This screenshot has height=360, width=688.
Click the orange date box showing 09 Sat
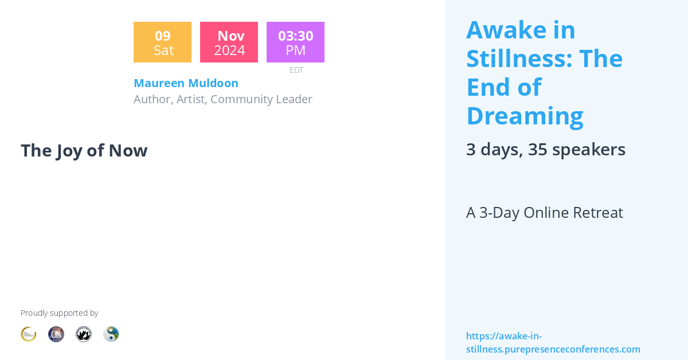click(162, 42)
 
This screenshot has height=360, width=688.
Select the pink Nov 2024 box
click(229, 42)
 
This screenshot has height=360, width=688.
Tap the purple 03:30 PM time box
click(295, 42)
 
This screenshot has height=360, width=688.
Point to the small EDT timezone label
click(296, 70)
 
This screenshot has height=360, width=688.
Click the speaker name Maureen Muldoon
click(186, 83)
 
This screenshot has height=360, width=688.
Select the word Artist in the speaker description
click(191, 99)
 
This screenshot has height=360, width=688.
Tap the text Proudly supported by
click(59, 313)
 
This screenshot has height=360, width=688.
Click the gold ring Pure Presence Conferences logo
click(29, 334)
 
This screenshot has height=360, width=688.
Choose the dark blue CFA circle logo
click(56, 334)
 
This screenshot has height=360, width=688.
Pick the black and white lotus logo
click(84, 334)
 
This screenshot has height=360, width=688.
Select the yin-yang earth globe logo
click(111, 334)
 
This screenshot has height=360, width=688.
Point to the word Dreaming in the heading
click(525, 116)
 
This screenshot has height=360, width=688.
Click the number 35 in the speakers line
click(537, 150)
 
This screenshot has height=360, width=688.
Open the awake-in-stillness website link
click(553, 343)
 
